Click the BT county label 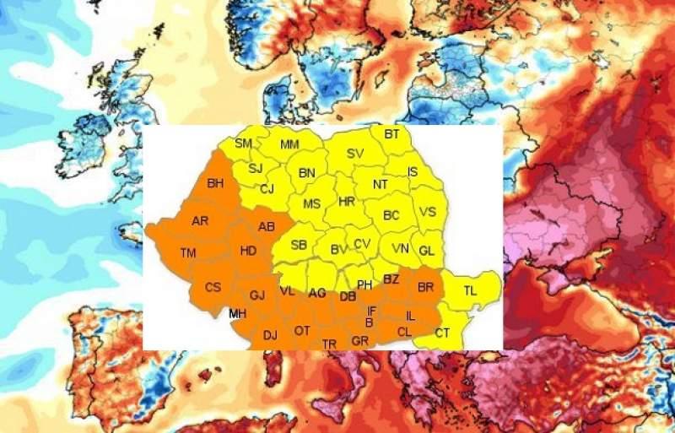coord(391,134)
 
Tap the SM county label coord(243,143)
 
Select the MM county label coord(289,146)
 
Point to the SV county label coord(354,154)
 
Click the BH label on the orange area coord(215,183)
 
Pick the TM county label coord(188,253)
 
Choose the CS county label coord(213,287)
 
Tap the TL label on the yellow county coord(470,290)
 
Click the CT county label coord(442,333)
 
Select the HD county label coord(248,251)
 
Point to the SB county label coord(299,246)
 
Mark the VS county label coord(428,212)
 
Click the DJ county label coord(270,335)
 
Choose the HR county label coord(346,203)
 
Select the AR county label coord(200,221)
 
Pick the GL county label coord(426,251)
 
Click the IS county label coord(413,172)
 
